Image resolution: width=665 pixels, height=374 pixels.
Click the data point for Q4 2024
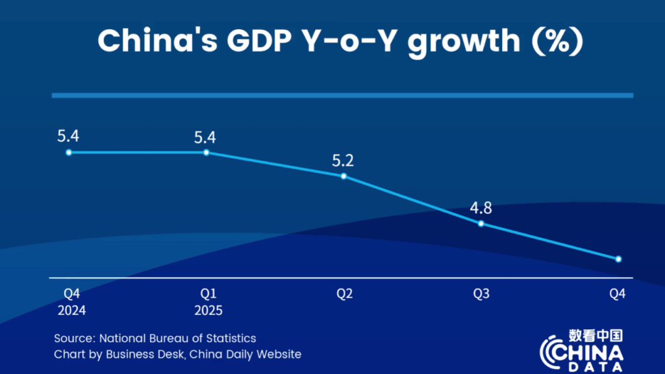(x=68, y=152)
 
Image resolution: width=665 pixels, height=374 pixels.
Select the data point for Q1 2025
(x=207, y=152)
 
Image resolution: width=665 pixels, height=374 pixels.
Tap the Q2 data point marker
(x=344, y=176)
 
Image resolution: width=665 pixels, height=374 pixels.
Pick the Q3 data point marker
(x=481, y=224)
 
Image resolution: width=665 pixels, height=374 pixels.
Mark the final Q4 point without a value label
(x=618, y=259)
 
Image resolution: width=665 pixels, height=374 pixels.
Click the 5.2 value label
(x=344, y=161)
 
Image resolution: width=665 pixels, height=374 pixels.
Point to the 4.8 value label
(x=481, y=208)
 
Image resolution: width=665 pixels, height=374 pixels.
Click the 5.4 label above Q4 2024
(x=68, y=137)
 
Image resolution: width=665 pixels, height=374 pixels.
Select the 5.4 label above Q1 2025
(x=207, y=137)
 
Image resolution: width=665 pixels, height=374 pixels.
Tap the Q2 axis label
(x=344, y=294)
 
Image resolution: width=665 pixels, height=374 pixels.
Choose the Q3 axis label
(x=481, y=294)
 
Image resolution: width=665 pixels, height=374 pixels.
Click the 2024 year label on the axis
(x=71, y=310)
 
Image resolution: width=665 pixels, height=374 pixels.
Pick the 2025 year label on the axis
(x=208, y=310)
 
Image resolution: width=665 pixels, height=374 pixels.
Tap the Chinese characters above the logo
(x=596, y=334)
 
